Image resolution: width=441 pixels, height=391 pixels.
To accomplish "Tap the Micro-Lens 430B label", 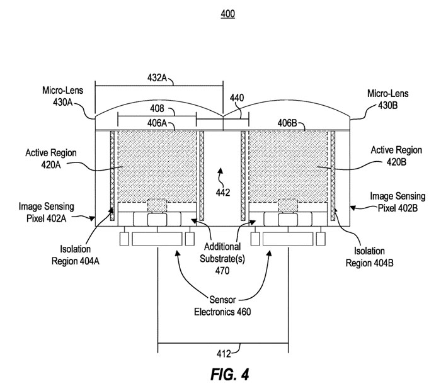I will coord(386,97).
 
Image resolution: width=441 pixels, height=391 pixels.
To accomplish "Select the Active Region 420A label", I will coord(47,157).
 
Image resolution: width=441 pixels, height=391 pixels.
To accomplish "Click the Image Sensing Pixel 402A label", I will coord(42,211).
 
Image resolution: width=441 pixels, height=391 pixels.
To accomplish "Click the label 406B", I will coord(289,123).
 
